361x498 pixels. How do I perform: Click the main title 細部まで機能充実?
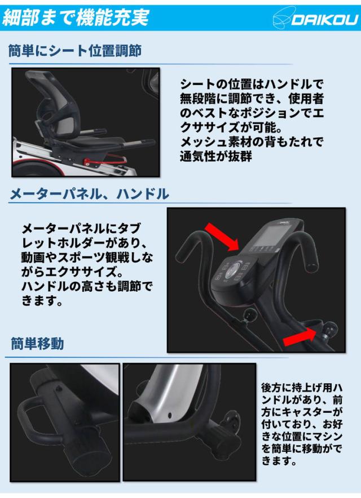pyautogui.click(x=76, y=17)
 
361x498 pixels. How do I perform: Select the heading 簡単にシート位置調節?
pyautogui.click(x=75, y=51)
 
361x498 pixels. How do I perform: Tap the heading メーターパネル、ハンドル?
pyautogui.click(x=89, y=193)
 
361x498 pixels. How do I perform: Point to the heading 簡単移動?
pyautogui.click(x=38, y=343)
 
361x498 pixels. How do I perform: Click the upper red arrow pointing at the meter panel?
pyautogui.click(x=221, y=236)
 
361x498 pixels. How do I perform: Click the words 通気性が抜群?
pyautogui.click(x=216, y=156)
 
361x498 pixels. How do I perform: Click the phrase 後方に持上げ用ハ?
pyautogui.click(x=302, y=388)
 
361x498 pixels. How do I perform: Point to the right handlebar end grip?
pyautogui.click(x=311, y=254)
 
